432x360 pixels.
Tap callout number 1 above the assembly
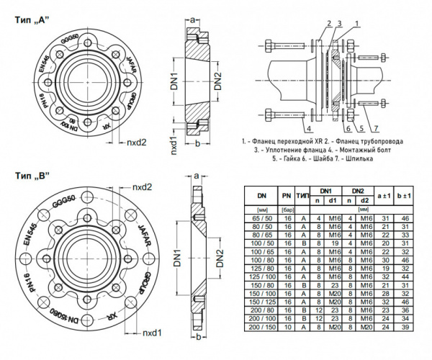click(x=354, y=24)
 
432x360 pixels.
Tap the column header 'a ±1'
click(x=385, y=195)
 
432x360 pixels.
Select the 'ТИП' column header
click(x=303, y=195)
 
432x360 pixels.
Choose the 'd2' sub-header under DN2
click(x=365, y=199)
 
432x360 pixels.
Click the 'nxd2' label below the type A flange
click(x=137, y=143)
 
